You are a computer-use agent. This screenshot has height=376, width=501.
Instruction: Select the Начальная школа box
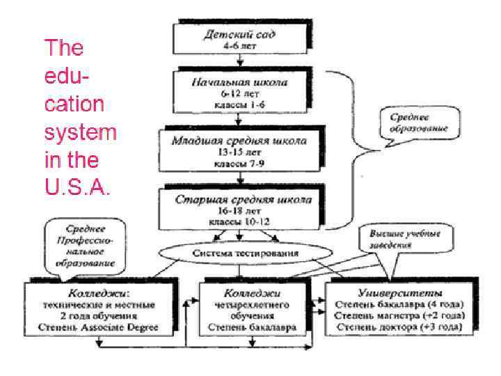pyautogui.click(x=230, y=93)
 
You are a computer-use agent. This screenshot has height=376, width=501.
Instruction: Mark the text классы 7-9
pyautogui.click(x=239, y=164)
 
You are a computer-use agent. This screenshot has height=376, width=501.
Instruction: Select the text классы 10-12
pyautogui.click(x=239, y=221)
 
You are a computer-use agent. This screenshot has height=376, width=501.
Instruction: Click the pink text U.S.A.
pyautogui.click(x=76, y=188)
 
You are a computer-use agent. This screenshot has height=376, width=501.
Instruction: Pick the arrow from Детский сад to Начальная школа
pyautogui.click(x=230, y=63)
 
